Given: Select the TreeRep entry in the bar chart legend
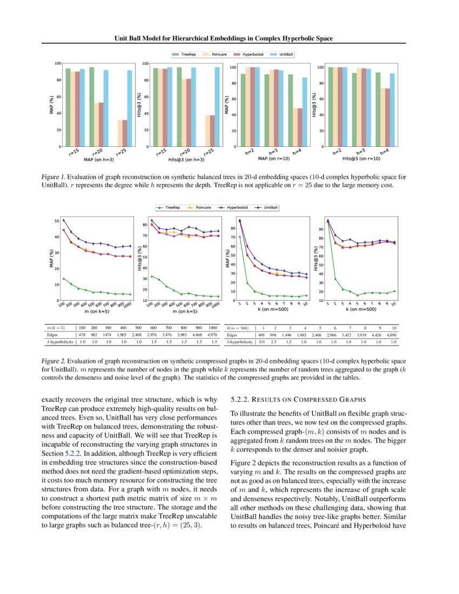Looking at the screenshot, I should (x=183, y=55).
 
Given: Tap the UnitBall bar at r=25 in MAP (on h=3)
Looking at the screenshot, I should (x=130, y=109).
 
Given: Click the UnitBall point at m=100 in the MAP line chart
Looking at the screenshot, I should (x=64, y=220).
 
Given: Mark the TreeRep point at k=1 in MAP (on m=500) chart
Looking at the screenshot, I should (x=240, y=237).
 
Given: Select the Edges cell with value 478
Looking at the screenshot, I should (x=82, y=335).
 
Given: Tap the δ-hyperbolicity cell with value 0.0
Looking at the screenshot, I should (x=264, y=342).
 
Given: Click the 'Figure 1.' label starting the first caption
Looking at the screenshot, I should (x=53, y=177).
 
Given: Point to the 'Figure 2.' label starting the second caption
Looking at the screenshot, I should (x=53, y=360).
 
